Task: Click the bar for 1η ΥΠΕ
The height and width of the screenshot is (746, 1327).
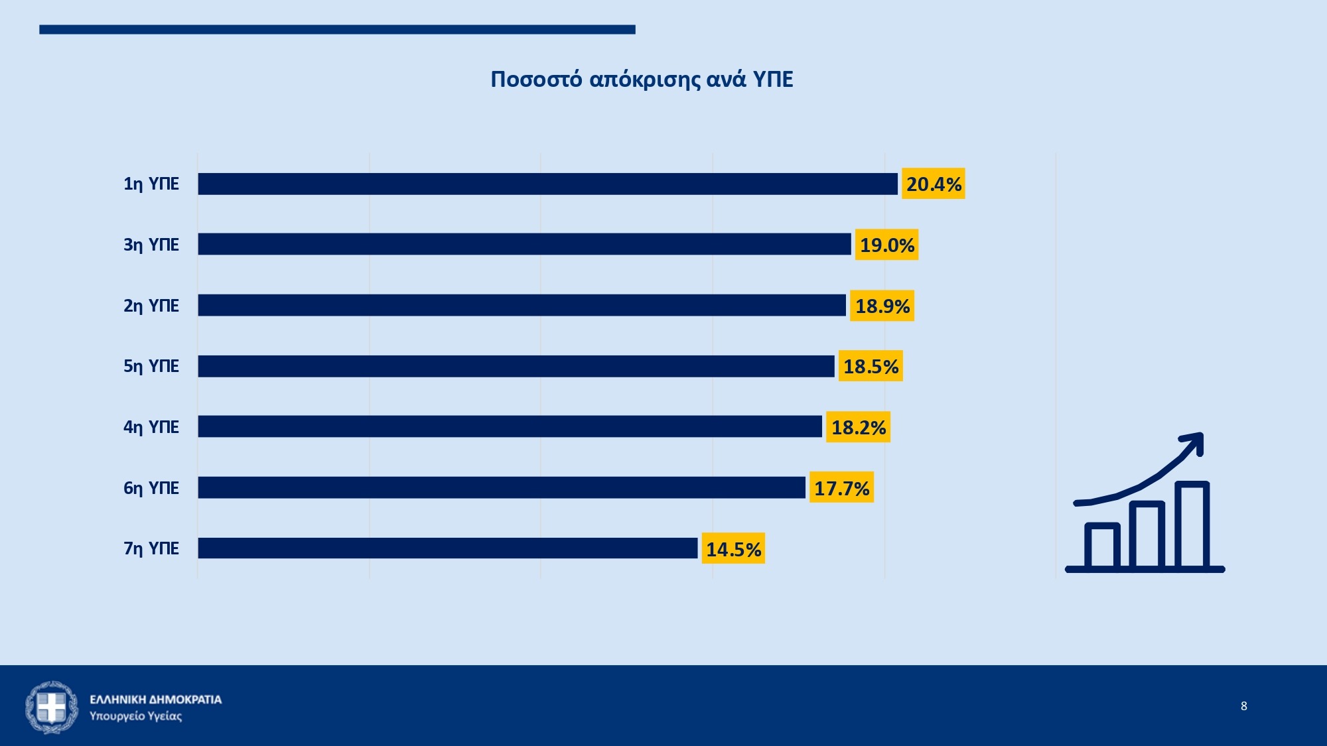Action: click(547, 184)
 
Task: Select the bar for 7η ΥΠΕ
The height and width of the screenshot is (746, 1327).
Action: click(448, 548)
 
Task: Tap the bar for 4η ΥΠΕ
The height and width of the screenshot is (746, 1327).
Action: click(510, 426)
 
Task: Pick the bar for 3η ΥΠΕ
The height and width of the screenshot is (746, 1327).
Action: click(524, 244)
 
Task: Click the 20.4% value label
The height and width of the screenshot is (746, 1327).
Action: click(933, 184)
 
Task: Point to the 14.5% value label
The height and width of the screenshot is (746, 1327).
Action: click(733, 549)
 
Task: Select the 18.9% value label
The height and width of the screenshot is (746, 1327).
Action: click(882, 306)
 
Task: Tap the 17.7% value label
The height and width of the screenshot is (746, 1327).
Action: click(841, 488)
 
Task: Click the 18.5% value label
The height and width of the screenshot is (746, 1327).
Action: click(871, 366)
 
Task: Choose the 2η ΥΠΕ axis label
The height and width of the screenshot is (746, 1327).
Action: click(151, 306)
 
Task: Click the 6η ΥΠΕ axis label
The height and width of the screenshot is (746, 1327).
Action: click(151, 488)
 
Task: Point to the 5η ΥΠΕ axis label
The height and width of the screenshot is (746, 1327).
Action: click(151, 366)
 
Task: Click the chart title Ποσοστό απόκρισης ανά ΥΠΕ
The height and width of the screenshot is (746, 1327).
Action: click(642, 79)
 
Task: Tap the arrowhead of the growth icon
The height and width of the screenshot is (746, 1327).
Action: click(1194, 442)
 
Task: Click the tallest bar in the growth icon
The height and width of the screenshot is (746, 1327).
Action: click(1192, 524)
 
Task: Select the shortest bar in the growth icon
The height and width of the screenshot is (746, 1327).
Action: click(1102, 545)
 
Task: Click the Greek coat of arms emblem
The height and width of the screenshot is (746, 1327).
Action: click(52, 707)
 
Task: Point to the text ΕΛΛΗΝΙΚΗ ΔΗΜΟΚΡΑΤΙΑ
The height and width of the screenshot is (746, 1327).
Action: click(156, 700)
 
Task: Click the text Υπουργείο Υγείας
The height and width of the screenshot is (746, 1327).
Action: click(136, 716)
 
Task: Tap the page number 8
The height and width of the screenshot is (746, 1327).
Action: click(1243, 706)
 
